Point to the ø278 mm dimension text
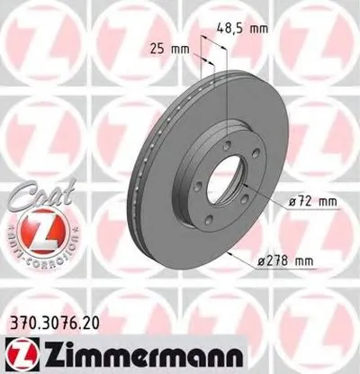click(x=285, y=261)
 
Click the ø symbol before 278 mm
click(x=258, y=261)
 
